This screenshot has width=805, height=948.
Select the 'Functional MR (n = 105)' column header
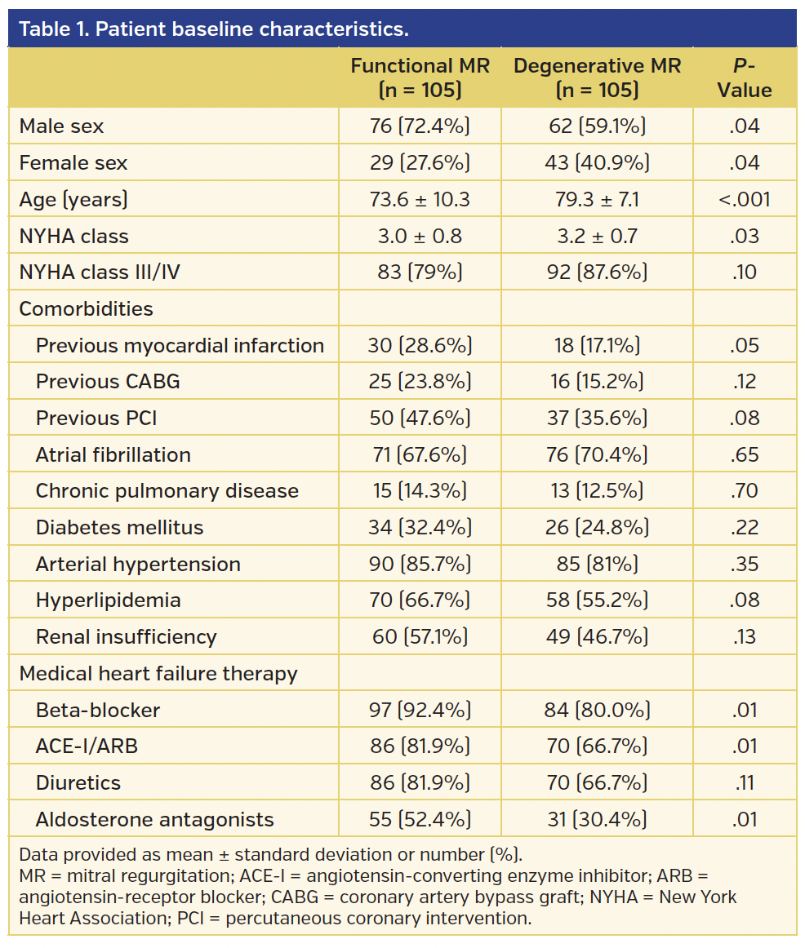point(420,78)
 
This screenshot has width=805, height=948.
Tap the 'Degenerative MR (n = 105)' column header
point(597,78)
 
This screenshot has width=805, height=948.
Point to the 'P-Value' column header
point(744,78)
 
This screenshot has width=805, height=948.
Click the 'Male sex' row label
point(62,126)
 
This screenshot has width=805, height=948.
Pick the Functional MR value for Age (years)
point(420,199)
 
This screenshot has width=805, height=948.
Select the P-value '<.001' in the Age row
point(744,199)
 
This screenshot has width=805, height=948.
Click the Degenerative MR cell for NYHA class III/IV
point(597,272)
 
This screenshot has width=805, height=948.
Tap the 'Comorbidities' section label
point(86,309)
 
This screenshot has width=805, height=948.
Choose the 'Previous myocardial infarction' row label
point(180,345)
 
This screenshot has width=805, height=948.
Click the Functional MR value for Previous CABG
point(420,382)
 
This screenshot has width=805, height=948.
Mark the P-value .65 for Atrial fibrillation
point(744,454)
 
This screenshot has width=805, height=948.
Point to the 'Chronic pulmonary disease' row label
point(167,491)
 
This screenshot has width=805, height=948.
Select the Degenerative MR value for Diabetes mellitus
point(597,527)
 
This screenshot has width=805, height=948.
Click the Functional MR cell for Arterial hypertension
point(420,564)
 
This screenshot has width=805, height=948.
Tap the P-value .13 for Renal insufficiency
point(744,636)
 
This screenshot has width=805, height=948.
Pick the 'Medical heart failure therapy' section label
point(158,674)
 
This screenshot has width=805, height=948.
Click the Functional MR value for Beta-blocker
point(420,710)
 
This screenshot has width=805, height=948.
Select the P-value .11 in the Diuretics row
point(744,782)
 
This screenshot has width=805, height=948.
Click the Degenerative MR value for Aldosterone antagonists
point(597,819)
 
